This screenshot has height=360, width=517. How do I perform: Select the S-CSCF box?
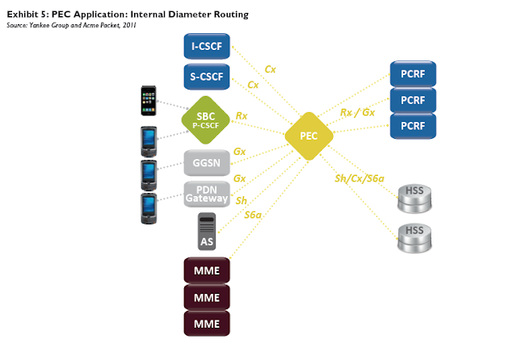(208, 77)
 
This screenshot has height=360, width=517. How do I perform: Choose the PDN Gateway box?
(208, 194)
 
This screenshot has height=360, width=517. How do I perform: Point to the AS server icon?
(208, 231)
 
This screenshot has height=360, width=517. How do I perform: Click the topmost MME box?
(208, 268)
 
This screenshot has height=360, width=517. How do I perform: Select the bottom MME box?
(208, 324)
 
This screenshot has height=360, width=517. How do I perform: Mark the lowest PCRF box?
(414, 126)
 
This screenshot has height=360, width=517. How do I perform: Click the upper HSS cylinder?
(414, 195)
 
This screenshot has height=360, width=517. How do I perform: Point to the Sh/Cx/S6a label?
(359, 179)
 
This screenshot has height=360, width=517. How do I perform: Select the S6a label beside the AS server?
(253, 215)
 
